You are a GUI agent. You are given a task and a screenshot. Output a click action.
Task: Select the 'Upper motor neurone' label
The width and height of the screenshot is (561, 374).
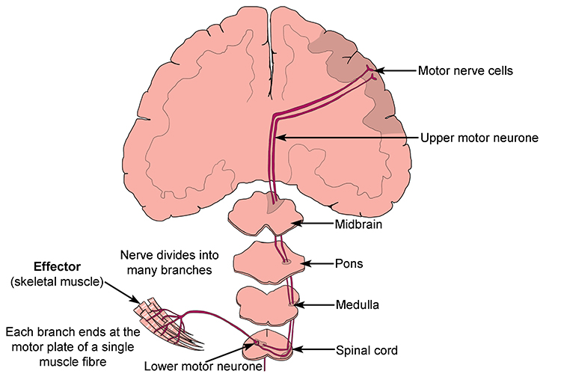(469, 138)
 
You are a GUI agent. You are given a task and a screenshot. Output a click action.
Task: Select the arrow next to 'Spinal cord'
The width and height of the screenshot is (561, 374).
(313, 349)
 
